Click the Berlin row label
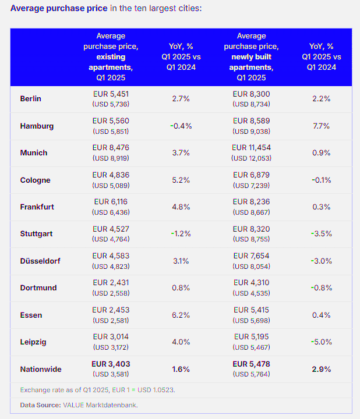point(30,99)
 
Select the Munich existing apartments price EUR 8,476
point(111,148)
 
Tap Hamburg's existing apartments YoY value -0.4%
point(181,126)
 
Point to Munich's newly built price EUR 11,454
point(251,148)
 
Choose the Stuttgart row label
point(36,234)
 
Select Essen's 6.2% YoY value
point(181,315)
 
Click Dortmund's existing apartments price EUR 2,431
point(111,283)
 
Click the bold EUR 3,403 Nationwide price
point(111,364)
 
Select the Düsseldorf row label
point(38,261)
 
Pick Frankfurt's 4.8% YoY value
point(181,207)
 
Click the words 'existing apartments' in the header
point(111,62)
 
